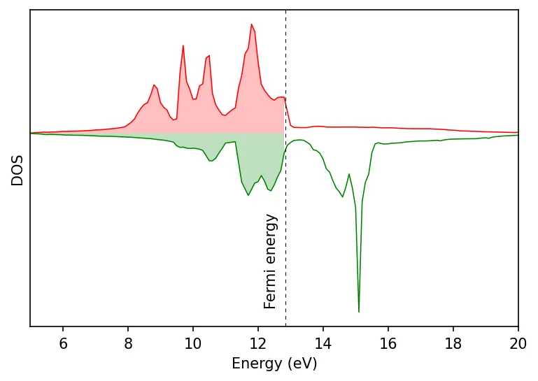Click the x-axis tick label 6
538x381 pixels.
63,343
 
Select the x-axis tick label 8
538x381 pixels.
128,343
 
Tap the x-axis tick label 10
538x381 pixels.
193,343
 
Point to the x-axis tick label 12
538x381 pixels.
258,343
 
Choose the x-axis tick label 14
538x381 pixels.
323,343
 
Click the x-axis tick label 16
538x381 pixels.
388,343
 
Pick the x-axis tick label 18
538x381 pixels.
453,343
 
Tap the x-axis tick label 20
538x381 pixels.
518,343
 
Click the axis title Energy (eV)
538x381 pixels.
274,364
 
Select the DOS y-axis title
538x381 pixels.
17,170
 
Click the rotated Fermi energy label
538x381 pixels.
271,261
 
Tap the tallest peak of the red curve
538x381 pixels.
251,24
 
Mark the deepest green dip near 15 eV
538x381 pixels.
359,311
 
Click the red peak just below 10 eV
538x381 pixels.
183,46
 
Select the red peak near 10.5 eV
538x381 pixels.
208,56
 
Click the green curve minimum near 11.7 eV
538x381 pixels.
248,195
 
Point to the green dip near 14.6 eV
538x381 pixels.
343,196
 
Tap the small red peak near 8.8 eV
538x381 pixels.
154,85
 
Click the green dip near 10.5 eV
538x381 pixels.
211,161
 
